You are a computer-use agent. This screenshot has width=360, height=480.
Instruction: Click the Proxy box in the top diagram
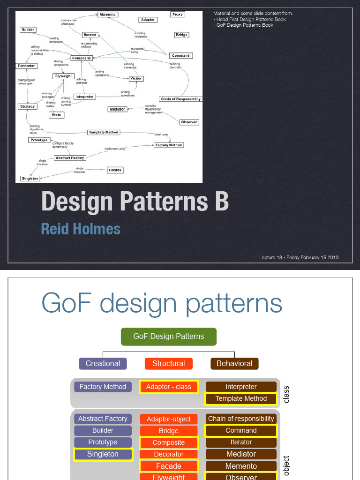[177, 15]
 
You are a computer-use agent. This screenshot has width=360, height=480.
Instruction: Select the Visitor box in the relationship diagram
[136, 78]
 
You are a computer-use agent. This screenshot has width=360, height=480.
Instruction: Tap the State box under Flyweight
[56, 115]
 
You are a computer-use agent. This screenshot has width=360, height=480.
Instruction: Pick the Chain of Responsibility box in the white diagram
[181, 99]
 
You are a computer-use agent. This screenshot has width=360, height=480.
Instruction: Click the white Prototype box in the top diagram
[39, 140]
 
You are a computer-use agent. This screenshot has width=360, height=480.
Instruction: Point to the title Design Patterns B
[135, 202]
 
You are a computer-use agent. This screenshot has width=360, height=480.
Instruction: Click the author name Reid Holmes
[81, 229]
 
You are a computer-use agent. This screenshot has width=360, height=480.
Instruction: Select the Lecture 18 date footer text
[299, 258]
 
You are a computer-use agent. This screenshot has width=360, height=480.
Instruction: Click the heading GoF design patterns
[162, 303]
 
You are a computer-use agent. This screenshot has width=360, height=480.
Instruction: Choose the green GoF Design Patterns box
[169, 336]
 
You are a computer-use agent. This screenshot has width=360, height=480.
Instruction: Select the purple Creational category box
[103, 363]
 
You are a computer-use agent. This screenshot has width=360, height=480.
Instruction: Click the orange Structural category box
[168, 363]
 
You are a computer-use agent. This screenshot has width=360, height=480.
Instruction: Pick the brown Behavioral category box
[234, 363]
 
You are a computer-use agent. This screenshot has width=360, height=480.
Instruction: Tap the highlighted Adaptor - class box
[169, 387]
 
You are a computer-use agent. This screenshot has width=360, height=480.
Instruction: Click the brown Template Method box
[241, 398]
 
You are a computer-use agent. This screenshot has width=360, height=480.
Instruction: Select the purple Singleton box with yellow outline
[103, 454]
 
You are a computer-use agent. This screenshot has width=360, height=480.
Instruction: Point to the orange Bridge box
[169, 431]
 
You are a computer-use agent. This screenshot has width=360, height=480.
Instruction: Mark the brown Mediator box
[241, 454]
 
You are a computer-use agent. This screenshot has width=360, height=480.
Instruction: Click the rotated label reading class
[286, 394]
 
